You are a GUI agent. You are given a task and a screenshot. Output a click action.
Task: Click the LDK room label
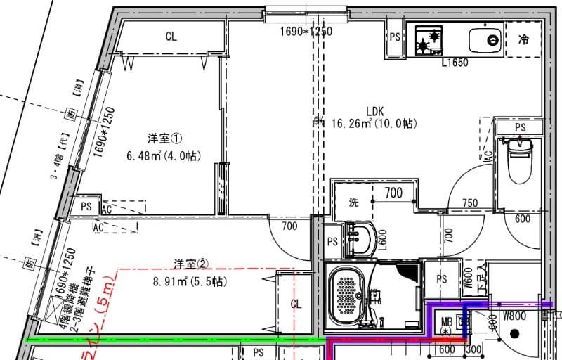pos(374,110)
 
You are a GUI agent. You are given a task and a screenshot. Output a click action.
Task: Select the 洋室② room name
pos(191,264)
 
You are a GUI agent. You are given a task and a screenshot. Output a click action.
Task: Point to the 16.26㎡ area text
pos(351,124)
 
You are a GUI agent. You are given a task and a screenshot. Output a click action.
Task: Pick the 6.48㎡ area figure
pos(144,155)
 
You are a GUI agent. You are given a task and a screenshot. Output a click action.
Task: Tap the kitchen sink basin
pos(485,39)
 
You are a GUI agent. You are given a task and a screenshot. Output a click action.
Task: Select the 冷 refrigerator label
pos(523,39)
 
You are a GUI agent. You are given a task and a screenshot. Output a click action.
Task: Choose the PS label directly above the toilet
pos(520,127)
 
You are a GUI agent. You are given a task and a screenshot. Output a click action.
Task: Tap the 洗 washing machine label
pos(355,202)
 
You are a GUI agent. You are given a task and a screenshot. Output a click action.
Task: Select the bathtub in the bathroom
pos(346,295)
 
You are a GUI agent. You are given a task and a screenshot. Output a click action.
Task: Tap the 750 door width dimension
pos(470,203)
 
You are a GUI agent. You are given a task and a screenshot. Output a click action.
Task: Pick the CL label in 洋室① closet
pos(171,37)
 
